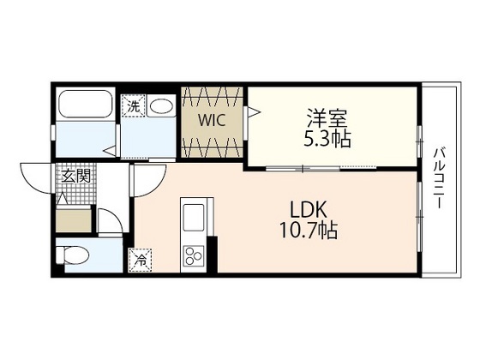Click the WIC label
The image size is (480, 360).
(213, 121)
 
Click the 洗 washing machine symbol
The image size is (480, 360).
(134, 107)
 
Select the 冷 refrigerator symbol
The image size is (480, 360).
(139, 257)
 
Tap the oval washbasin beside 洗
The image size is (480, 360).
(161, 107)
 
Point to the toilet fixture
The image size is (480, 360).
(72, 255)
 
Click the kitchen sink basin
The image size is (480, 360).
(192, 213)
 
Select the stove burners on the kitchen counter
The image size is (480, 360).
(193, 255)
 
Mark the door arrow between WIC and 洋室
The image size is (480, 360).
(252, 111)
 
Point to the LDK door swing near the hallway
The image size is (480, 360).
(146, 180)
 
